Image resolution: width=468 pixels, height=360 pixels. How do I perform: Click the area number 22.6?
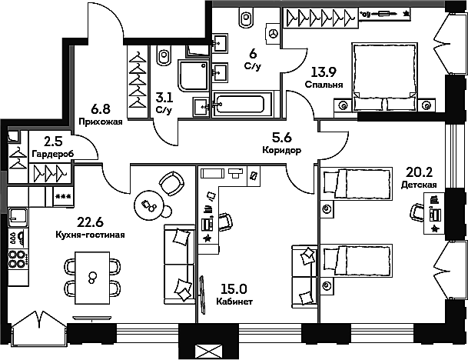[x=90, y=222]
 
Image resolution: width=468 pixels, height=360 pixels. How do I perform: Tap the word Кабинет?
[x=234, y=302]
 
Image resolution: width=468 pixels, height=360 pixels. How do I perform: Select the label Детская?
[x=419, y=185]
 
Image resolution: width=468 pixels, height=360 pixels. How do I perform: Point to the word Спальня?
[x=324, y=85]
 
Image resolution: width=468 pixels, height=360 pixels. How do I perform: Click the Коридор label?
[x=282, y=150]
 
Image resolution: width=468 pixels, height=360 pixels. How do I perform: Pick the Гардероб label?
[x=53, y=154]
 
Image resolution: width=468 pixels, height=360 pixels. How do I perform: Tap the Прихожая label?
[x=101, y=122]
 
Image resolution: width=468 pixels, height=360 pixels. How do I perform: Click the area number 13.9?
[x=324, y=72]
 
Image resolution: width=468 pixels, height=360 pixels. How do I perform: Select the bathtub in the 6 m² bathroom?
[x=242, y=104]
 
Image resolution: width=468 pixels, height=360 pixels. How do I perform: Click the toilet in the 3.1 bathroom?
[x=164, y=55]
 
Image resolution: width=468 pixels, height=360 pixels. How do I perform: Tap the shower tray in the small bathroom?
[x=193, y=75]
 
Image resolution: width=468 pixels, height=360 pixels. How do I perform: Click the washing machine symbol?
[x=274, y=33]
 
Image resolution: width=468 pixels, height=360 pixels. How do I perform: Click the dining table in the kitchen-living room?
[x=92, y=278]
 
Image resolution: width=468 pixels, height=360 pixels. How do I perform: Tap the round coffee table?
[x=148, y=205]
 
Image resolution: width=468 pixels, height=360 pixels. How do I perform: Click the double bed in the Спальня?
[x=385, y=77]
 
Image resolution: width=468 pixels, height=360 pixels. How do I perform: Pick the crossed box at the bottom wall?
[x=208, y=351]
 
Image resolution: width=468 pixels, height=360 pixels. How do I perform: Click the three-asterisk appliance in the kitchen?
[x=63, y=197]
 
